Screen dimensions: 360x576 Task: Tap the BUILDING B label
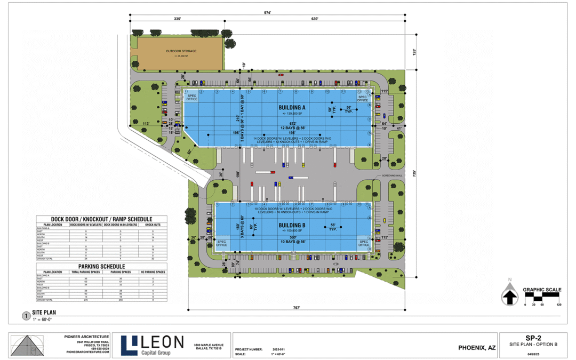[292, 226]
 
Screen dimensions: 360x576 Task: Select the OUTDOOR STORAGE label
[181, 51]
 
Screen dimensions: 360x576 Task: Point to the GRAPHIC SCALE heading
[542, 290]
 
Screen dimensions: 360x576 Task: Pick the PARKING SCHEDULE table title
[101, 266]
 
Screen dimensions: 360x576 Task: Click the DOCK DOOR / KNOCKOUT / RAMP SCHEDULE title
[101, 219]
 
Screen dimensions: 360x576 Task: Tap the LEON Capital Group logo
[152, 345]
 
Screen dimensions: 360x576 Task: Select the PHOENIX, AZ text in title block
[477, 348]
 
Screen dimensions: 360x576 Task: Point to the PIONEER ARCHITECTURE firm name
[86, 335]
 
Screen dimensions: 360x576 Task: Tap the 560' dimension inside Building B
[292, 237]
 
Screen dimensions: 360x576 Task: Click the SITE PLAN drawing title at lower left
[44, 313]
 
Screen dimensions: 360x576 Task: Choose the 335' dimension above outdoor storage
[178, 19]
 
